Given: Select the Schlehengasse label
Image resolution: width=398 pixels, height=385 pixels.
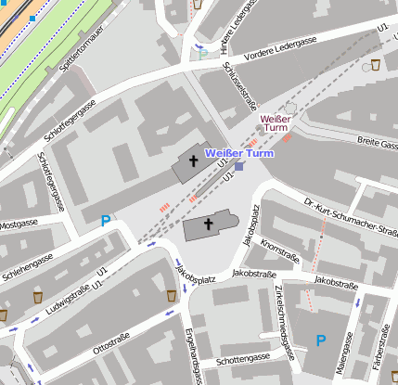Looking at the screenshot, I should (29, 261).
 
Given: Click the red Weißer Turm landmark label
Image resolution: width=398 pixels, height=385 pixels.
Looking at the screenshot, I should (276, 123).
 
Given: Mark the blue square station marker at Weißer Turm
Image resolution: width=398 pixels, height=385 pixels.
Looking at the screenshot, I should (240, 167).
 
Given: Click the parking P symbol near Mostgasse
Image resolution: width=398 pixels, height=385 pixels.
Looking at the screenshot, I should (106, 222).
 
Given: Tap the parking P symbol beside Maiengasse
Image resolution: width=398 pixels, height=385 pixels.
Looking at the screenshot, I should (321, 340).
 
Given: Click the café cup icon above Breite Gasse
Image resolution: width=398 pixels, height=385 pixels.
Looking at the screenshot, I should (375, 65).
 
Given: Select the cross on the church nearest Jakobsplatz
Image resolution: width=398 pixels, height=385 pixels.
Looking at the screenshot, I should (209, 225).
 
